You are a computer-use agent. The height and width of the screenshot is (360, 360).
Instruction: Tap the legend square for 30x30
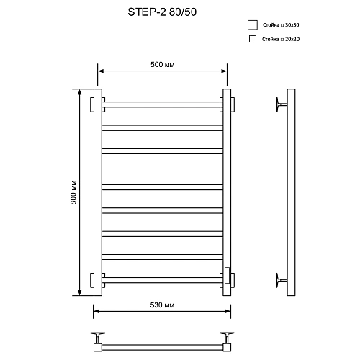click(252, 24)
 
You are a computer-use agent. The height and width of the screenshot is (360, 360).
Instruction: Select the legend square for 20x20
click(252, 39)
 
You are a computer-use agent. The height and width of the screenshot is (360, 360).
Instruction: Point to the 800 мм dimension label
click(73, 194)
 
